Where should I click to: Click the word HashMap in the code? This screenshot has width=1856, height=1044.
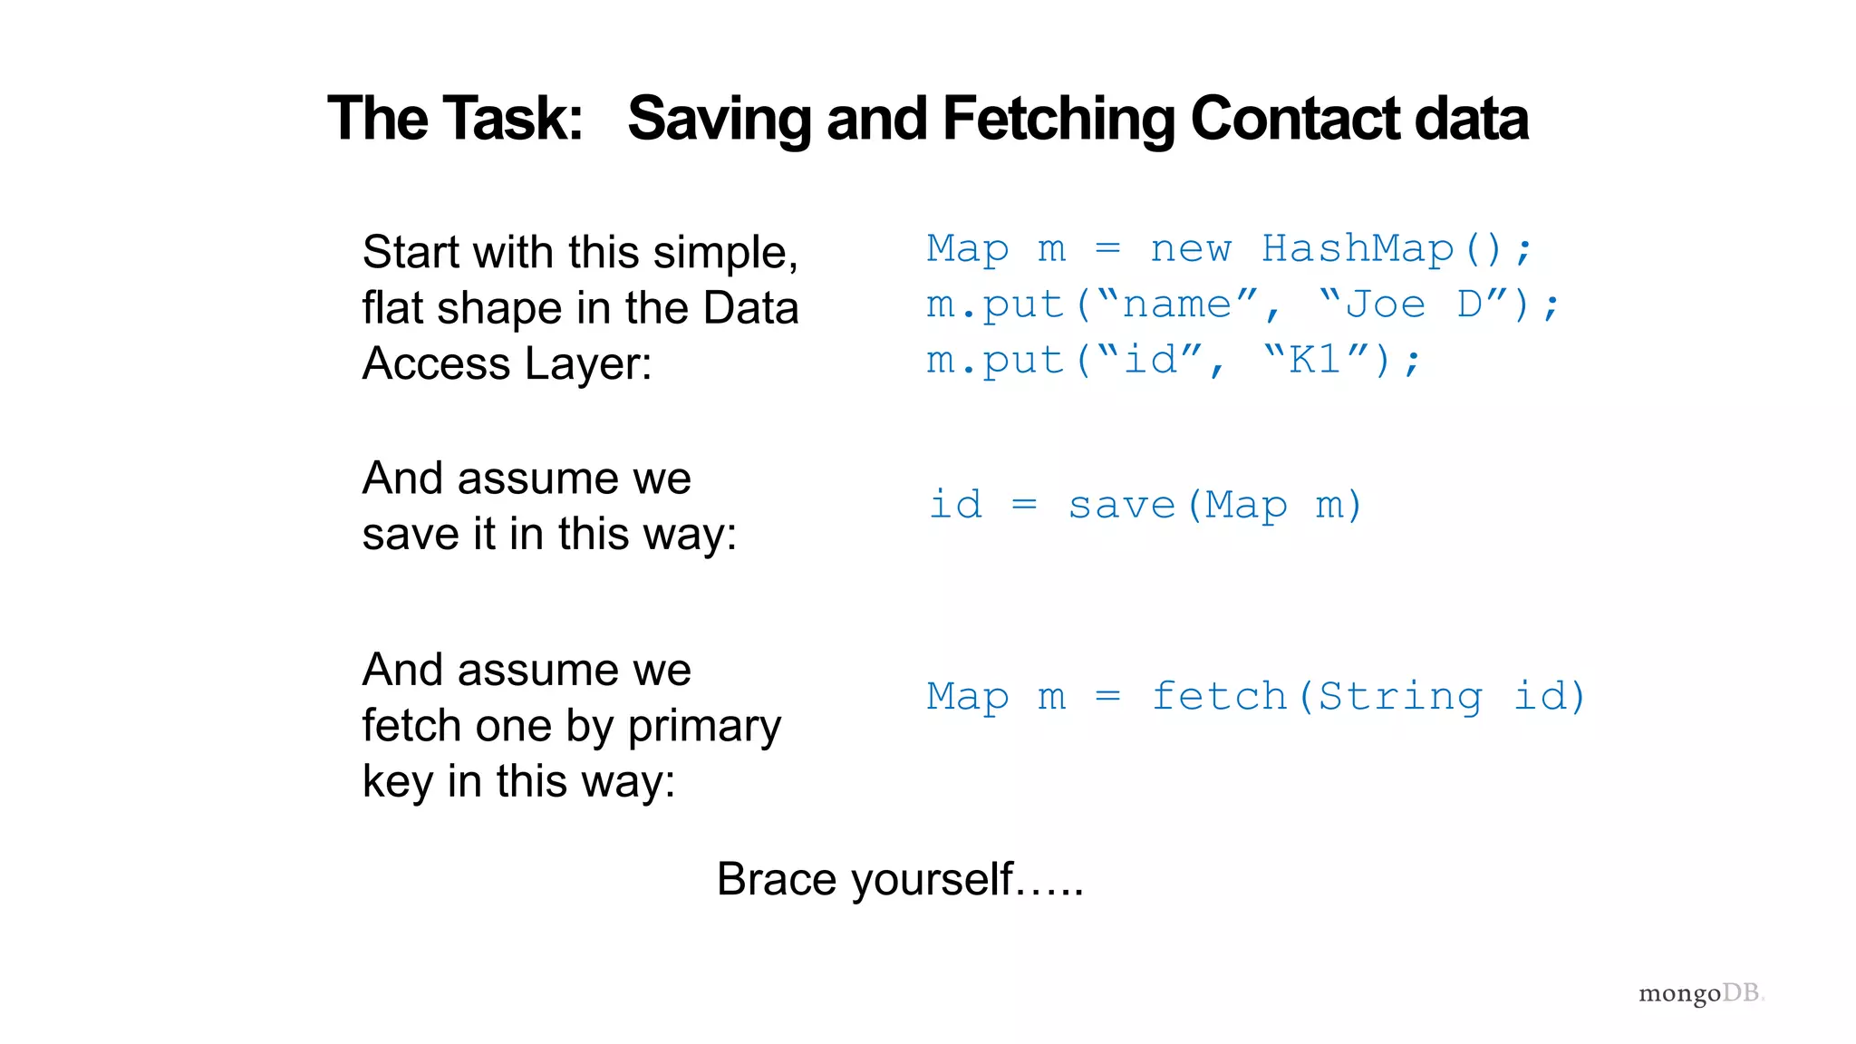(x=1358, y=248)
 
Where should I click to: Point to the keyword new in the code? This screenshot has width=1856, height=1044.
(x=1191, y=249)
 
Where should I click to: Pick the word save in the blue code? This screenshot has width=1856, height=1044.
(x=1122, y=505)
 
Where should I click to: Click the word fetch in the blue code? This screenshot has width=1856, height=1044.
(x=1219, y=696)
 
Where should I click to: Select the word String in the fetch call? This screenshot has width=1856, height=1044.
(x=1400, y=696)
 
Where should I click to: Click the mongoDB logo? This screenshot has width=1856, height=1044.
(x=1700, y=993)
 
